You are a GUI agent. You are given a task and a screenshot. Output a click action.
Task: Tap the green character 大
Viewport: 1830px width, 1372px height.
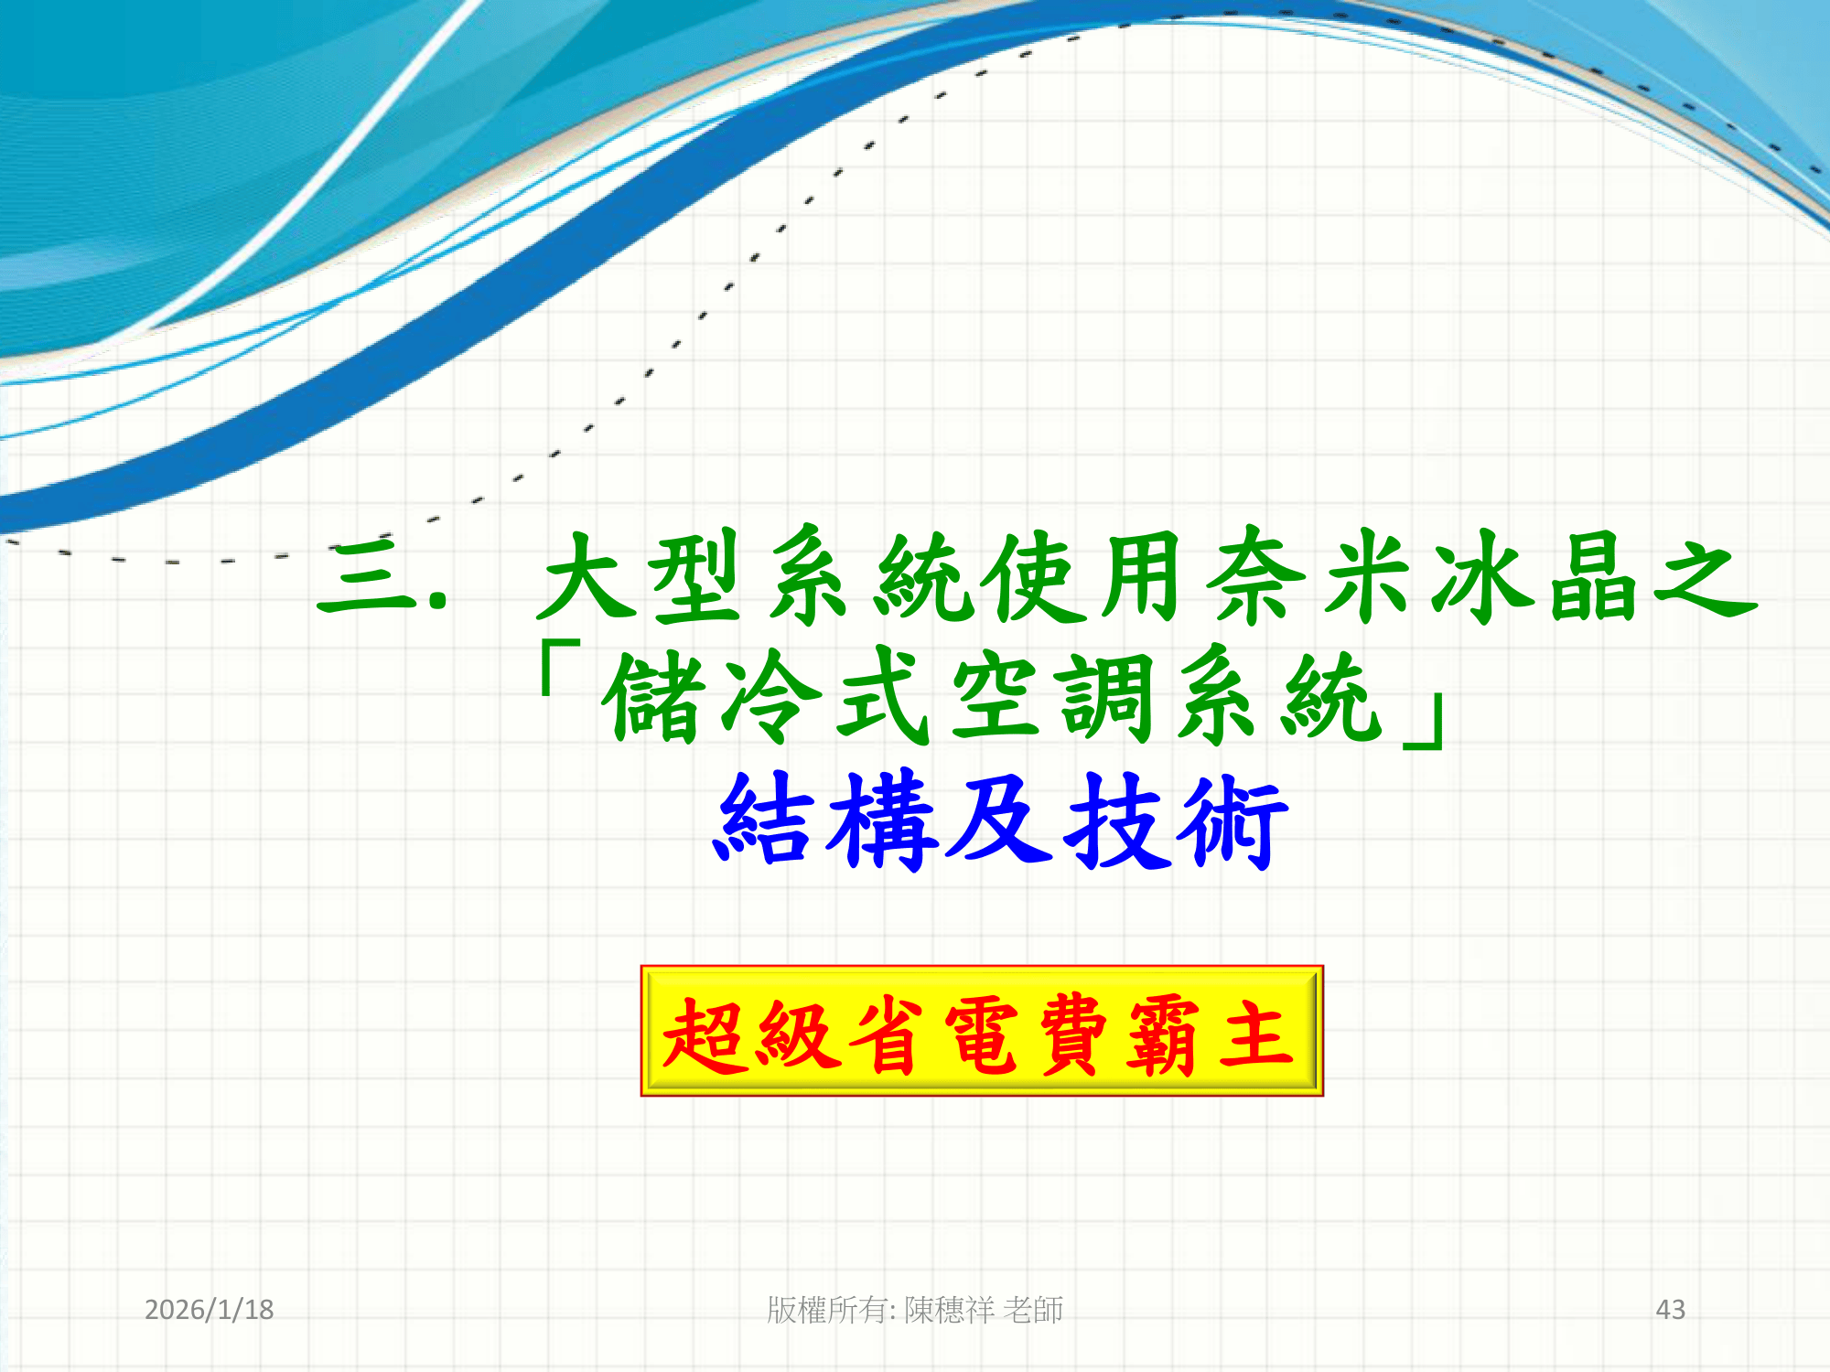pos(587,576)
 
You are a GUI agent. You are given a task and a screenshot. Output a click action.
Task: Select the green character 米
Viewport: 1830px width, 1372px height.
pos(1367,576)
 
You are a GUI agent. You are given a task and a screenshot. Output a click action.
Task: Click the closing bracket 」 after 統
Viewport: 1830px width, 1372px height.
pos(1424,723)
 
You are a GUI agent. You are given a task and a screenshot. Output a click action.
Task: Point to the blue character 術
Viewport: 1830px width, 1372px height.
pos(1232,821)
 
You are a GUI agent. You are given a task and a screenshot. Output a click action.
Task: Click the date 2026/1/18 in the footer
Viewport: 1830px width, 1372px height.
pos(210,1310)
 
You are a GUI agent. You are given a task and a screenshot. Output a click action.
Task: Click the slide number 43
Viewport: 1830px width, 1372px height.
pos(1671,1310)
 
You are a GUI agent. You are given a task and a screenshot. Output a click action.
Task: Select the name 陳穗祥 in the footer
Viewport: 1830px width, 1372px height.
pos(949,1310)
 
